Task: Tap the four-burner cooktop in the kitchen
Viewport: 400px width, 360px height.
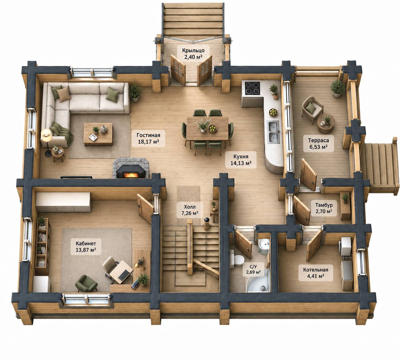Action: click(x=253, y=88)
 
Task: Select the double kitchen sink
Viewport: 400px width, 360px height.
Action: click(x=274, y=132)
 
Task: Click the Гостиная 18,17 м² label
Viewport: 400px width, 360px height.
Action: click(x=148, y=139)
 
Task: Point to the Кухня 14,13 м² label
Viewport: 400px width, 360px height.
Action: click(x=241, y=159)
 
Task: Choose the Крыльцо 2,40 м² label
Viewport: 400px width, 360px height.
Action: click(x=193, y=54)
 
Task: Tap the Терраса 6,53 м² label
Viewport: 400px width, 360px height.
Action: click(x=318, y=144)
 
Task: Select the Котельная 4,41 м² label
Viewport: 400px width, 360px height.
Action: click(x=316, y=273)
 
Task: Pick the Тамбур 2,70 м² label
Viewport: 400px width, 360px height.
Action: click(x=324, y=208)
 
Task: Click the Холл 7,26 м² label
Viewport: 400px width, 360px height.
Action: click(x=190, y=210)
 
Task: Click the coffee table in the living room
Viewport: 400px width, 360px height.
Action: click(x=98, y=134)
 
